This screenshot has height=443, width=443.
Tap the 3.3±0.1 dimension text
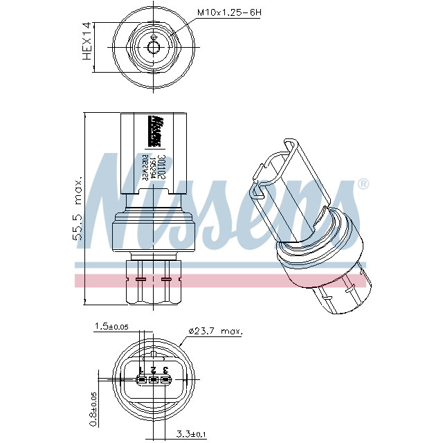coord(191,434)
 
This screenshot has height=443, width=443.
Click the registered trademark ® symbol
coord(363,184)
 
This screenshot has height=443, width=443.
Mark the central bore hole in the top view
coord(154,47)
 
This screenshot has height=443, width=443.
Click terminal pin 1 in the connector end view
coord(141,379)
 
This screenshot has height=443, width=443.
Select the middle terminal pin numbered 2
coord(153,379)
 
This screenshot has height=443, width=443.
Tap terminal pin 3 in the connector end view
coord(165,379)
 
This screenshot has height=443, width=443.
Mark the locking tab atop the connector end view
coord(153,353)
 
